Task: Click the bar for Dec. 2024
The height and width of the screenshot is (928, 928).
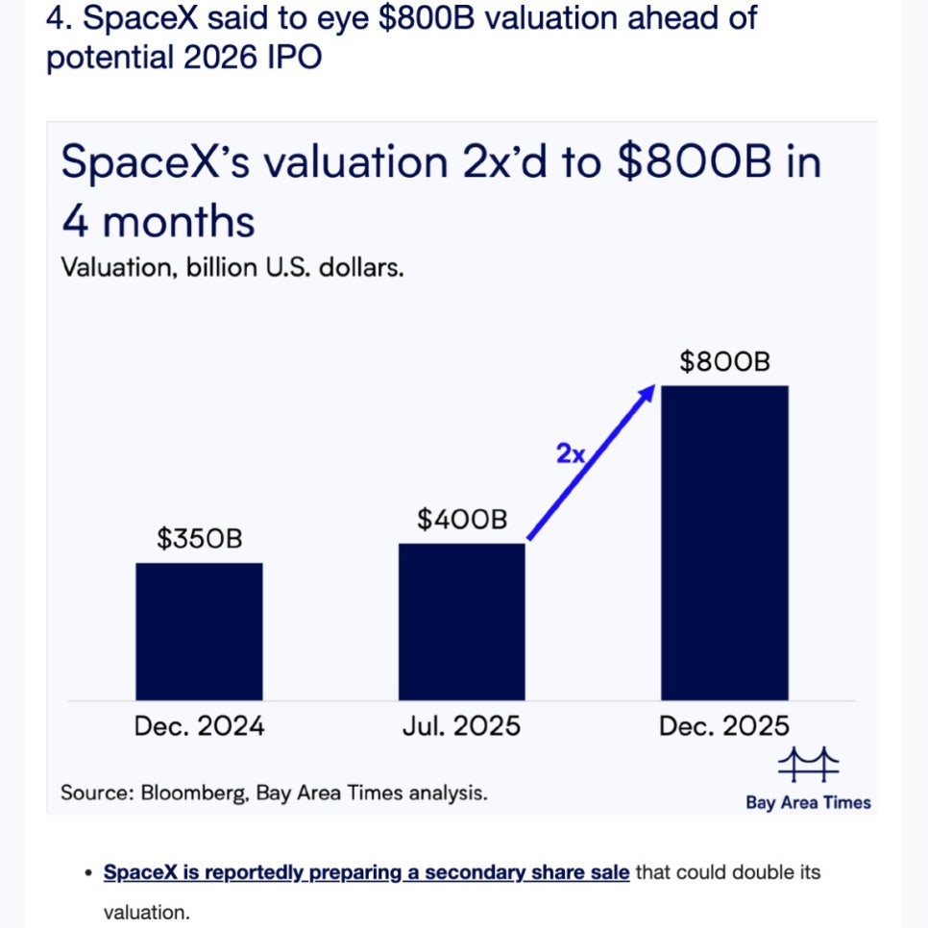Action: click(x=199, y=631)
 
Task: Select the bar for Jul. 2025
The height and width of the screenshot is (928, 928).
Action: click(x=462, y=622)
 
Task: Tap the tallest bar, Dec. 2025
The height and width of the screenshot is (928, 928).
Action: click(x=724, y=543)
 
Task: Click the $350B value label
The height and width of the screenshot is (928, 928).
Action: click(x=200, y=539)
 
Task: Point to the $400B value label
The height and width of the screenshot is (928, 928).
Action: click(x=462, y=520)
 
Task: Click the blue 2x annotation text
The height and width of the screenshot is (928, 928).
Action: click(x=571, y=453)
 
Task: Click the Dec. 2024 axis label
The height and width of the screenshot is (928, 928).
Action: click(x=200, y=726)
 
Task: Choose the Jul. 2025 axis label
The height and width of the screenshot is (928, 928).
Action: click(x=462, y=726)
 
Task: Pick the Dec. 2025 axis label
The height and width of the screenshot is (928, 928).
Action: click(x=724, y=726)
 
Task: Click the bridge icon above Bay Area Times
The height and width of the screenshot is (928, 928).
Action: click(x=808, y=766)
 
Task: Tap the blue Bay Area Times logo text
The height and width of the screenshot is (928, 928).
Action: click(x=808, y=802)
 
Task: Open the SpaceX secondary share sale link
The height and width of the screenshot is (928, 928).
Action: click(x=366, y=872)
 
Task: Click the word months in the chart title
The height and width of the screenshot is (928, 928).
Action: click(x=179, y=222)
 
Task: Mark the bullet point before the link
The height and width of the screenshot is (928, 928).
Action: click(x=87, y=873)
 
